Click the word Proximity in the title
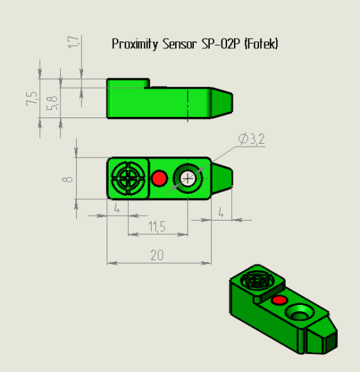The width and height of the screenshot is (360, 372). [134, 44]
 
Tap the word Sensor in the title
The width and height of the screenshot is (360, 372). [180, 44]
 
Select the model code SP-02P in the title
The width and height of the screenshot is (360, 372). [221, 44]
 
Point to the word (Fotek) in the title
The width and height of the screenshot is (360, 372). [262, 44]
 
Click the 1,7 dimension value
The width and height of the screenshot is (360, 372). [73, 42]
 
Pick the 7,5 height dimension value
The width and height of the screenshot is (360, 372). [32, 98]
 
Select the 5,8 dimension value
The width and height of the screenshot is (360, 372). [52, 103]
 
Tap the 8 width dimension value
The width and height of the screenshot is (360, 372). [67, 179]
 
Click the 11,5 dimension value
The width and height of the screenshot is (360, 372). [157, 227]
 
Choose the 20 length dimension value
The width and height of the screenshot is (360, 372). [157, 255]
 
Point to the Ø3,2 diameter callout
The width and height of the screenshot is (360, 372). [251, 139]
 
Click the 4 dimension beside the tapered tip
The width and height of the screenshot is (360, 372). [221, 212]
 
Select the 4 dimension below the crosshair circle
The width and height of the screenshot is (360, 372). [116, 209]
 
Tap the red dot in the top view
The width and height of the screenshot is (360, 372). [159, 178]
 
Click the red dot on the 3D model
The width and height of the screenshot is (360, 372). [279, 300]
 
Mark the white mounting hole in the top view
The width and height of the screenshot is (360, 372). [188, 178]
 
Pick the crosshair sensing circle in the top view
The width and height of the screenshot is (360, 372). [128, 178]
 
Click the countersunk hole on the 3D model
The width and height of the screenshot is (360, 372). [300, 313]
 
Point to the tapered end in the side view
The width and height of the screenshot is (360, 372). [222, 103]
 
